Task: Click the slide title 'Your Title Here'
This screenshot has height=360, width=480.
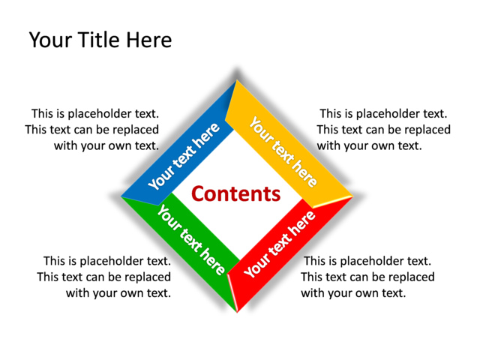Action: point(100,40)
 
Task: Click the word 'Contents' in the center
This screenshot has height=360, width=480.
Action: point(235,194)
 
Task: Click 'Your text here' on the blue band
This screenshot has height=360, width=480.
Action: point(184,156)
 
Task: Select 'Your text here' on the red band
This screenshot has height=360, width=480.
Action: point(280,244)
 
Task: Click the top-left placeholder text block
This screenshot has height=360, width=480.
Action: point(92,130)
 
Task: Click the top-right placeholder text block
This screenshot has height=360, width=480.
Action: point(384,130)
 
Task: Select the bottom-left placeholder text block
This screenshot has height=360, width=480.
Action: point(104,277)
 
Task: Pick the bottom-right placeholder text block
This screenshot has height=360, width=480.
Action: point(367,277)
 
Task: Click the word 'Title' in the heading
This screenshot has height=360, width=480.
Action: point(100,40)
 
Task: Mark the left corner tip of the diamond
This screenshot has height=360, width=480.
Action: point(121,196)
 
